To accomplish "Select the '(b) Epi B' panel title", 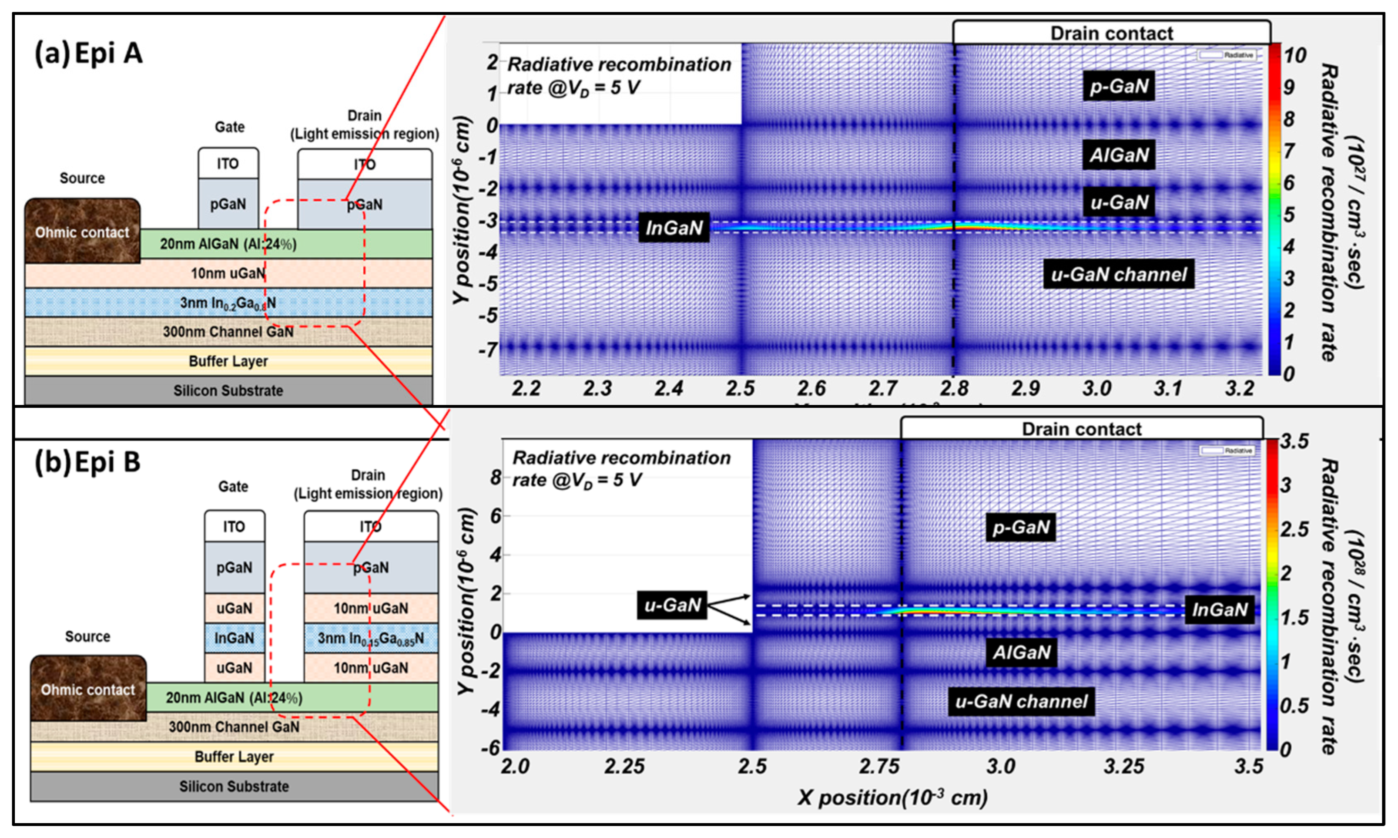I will click(87, 462).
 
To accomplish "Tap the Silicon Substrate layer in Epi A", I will click(228, 390).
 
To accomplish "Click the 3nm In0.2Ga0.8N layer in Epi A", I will click(228, 303).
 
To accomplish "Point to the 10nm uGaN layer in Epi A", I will click(228, 273).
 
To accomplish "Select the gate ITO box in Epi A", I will click(228, 164).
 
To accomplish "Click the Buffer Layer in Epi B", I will click(234, 756).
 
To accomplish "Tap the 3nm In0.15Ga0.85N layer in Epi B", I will click(371, 638).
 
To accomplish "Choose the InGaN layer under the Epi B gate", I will click(234, 638).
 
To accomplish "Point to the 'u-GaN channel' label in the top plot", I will click(1118, 274).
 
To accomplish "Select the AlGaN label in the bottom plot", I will click(1021, 652).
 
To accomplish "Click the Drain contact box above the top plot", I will click(1111, 33).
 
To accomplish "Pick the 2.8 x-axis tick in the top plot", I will click(954, 388).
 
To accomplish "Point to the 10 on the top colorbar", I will click(1295, 55).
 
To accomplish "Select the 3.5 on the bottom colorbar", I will click(1294, 441).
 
